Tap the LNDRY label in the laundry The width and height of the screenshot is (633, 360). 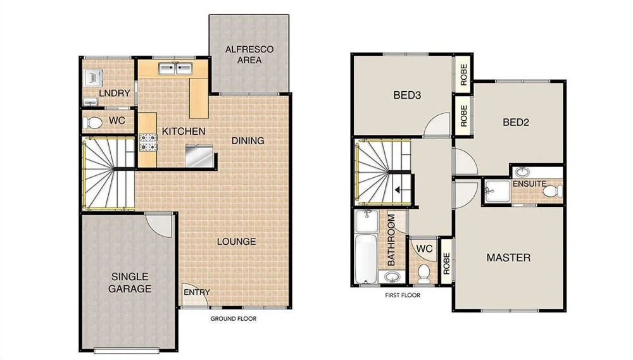(115, 94)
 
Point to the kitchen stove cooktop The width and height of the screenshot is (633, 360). (147, 142)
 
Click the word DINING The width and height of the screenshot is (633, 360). (248, 140)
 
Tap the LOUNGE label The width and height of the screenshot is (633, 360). (236, 241)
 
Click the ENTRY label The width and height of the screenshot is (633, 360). (197, 292)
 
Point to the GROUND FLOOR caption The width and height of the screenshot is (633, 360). (233, 319)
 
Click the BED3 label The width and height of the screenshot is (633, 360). (408, 96)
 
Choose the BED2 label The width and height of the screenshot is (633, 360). (516, 123)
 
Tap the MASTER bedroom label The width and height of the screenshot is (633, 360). (508, 258)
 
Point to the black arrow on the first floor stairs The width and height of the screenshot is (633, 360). (399, 189)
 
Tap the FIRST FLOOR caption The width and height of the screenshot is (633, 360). (403, 295)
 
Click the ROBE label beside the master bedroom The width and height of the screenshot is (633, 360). (446, 261)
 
